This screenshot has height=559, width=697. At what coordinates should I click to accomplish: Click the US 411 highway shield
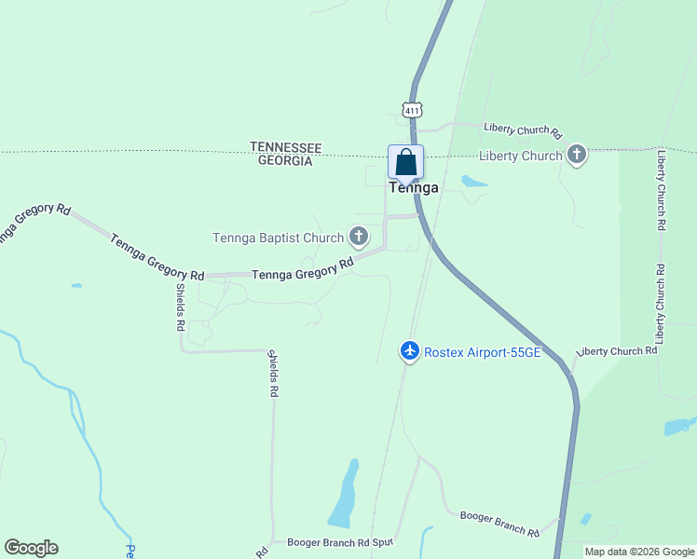[412, 110]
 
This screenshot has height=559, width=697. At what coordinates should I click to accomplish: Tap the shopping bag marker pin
[406, 163]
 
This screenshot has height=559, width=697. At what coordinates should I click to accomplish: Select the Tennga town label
[413, 187]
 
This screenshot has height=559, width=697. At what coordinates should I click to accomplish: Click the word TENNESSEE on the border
[285, 148]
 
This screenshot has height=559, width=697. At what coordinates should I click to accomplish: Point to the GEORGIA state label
[285, 160]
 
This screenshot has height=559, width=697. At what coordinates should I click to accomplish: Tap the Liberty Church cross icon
[577, 155]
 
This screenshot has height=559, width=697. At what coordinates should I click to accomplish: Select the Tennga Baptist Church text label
[278, 238]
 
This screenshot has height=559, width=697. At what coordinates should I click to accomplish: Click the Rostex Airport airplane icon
[409, 351]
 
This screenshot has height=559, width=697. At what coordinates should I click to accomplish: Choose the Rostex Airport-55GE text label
[482, 352]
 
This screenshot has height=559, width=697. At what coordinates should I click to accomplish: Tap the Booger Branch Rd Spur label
[341, 541]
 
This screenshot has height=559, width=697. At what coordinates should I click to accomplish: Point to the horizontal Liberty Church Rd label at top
[522, 129]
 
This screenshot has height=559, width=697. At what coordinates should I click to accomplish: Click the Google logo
[31, 548]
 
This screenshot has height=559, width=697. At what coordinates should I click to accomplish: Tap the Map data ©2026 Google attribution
[639, 552]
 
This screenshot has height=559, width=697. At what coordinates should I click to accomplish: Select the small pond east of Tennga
[473, 182]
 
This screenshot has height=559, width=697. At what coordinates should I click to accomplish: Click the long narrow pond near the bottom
[344, 495]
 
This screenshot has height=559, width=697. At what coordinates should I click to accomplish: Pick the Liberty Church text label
[520, 156]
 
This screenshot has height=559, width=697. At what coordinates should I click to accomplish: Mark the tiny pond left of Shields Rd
[75, 285]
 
